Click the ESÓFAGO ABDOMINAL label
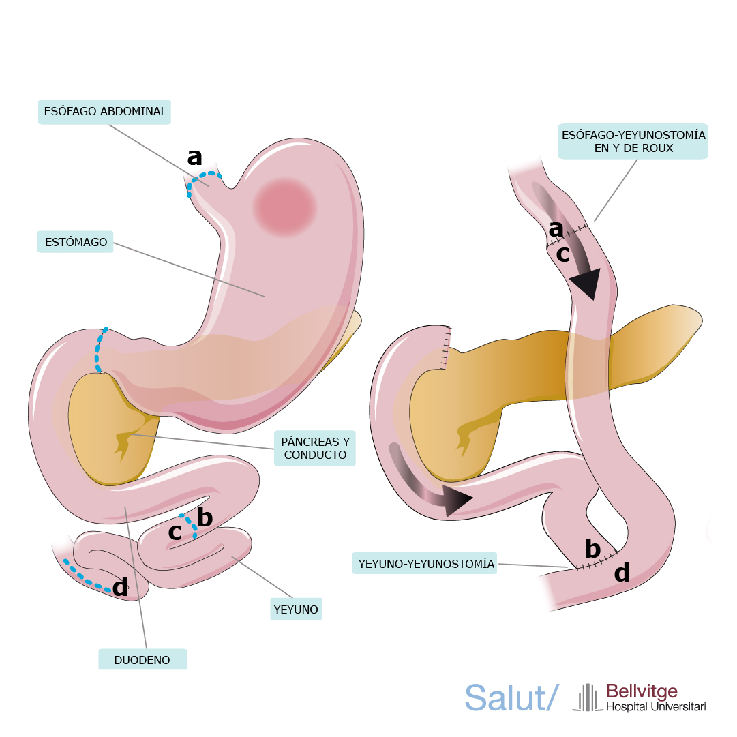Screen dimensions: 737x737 tap(104, 112)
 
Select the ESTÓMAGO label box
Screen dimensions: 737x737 tap(75, 242)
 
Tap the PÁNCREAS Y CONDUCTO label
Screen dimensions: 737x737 tap(315, 448)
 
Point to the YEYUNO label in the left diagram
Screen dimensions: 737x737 tap(296, 609)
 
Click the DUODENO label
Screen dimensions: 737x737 tap(142, 660)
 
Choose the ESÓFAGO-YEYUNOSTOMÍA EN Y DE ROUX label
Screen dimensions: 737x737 tap(633, 141)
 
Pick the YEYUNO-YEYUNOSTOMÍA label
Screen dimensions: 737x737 tap(425, 564)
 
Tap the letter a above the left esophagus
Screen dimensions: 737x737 tap(195, 157)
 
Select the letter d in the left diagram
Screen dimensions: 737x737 tap(120, 586)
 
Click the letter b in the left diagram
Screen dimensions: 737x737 tap(205, 518)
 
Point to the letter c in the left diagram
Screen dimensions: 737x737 tap(175, 532)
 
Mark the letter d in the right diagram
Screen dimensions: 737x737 tap(622, 573)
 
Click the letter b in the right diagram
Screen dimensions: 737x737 tap(592, 549)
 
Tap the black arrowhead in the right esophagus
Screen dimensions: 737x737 tap(586, 282)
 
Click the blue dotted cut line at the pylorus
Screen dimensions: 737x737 tap(101, 350)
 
